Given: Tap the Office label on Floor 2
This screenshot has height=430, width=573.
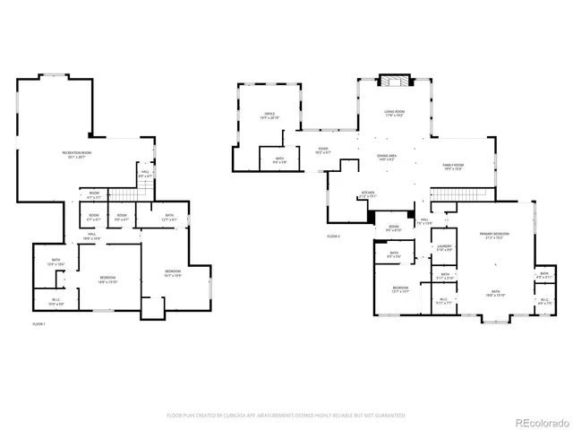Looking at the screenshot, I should click(x=269, y=116).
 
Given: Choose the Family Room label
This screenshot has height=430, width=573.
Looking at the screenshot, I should click(x=453, y=167).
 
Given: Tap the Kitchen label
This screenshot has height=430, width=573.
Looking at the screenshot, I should click(x=368, y=193).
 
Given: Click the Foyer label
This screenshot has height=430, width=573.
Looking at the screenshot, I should click(x=323, y=151).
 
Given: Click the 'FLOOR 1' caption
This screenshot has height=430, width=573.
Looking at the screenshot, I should click(x=38, y=322).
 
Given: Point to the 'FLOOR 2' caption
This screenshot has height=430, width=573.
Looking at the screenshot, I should click(x=334, y=235).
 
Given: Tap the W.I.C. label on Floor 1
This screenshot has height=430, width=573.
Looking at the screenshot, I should click(x=56, y=302).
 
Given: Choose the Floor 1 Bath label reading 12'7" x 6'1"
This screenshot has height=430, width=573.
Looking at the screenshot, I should click(x=170, y=217).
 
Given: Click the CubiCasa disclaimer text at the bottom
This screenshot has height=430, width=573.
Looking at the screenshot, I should click(x=286, y=416).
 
